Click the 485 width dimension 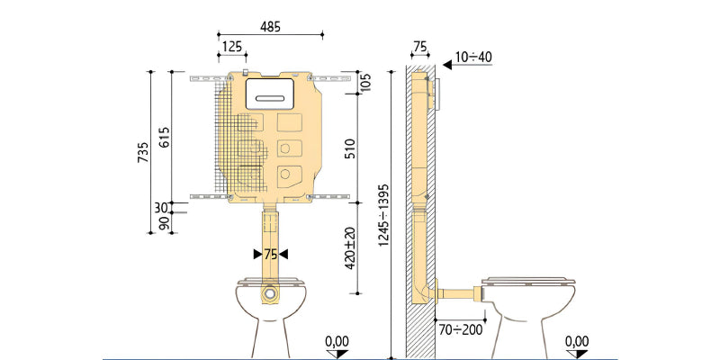click(270, 27)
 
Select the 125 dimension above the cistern click(232, 47)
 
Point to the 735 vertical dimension click(143, 152)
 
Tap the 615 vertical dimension click(164, 137)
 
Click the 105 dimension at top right click(366, 83)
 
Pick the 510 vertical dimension click(350, 148)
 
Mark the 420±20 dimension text click(350, 247)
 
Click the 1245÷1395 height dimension click(383, 215)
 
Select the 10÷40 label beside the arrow click(473, 57)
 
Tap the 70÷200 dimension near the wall click(460, 329)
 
